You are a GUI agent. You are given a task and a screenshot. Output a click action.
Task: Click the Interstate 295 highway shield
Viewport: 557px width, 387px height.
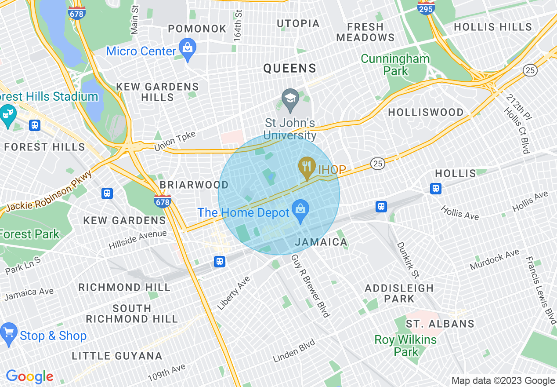pos(426,7)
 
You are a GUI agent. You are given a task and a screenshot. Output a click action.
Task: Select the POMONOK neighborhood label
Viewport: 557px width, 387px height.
pos(197,29)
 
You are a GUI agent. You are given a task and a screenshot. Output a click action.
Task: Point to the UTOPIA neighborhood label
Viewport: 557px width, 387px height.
pos(298,23)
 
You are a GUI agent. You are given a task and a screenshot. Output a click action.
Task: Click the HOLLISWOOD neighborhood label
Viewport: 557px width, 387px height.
pos(426,113)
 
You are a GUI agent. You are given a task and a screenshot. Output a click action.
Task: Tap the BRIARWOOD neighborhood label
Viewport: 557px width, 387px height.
pos(194,185)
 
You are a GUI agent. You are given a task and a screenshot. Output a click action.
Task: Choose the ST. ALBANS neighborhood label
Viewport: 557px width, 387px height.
pos(440,324)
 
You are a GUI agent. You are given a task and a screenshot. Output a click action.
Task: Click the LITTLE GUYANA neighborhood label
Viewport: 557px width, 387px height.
pos(117,356)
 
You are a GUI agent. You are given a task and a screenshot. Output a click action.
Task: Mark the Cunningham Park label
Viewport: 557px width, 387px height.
pos(395,65)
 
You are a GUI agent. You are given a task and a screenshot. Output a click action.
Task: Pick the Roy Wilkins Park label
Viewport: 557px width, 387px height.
pos(405,346)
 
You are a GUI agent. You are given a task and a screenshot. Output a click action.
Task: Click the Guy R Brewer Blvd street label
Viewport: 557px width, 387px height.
pos(310,285)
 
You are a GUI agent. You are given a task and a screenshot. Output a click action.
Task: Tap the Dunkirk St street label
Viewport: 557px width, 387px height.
pos(408,260)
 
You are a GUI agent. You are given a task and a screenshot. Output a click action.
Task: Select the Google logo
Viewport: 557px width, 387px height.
pos(29,376)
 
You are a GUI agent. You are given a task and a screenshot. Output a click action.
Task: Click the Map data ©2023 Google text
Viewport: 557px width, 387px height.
pos(503,381)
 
